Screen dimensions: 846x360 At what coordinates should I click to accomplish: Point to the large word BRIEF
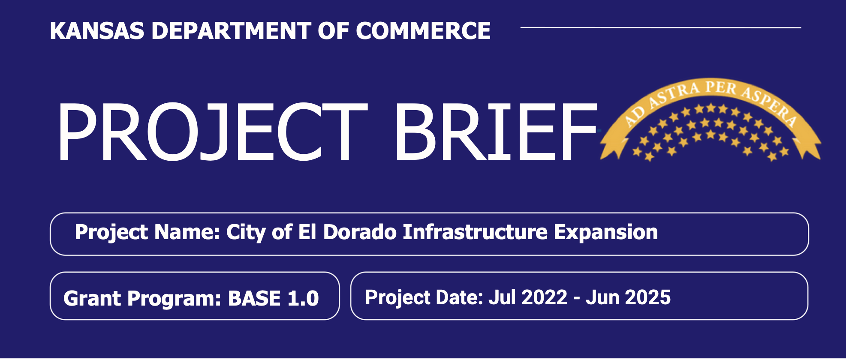point(496,132)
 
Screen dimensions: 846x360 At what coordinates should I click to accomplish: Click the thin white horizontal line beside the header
point(661,27)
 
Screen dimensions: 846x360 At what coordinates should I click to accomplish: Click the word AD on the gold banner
point(634,116)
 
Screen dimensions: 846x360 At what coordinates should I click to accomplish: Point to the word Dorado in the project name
point(360,232)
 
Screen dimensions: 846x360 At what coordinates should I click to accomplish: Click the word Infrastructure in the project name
point(475,232)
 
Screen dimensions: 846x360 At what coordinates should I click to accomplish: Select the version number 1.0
point(303,298)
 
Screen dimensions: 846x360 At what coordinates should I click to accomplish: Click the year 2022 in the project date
point(545,297)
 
